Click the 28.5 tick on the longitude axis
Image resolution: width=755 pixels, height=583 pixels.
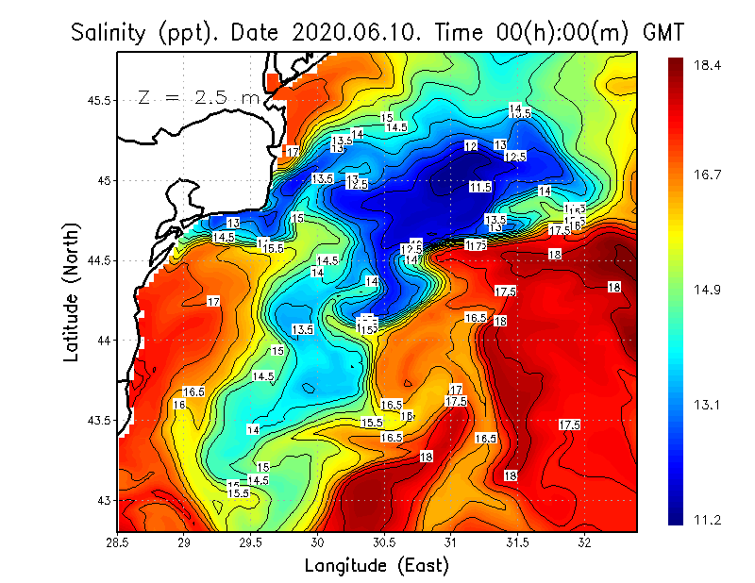pos(118,542)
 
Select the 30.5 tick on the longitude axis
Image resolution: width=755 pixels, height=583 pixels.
pos(384,542)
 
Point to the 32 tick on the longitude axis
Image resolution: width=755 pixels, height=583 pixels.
pos(584,542)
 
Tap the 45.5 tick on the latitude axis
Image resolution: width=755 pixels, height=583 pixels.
pos(101,100)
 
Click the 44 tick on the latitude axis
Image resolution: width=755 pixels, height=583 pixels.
pos(105,340)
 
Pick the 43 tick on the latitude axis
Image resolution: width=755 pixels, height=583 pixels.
pos(105,499)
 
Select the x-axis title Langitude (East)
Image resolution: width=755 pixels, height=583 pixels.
pos(377,565)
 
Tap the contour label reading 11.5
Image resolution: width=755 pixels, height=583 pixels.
pos(480,188)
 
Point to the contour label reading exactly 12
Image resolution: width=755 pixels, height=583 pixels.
pos(471,146)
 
